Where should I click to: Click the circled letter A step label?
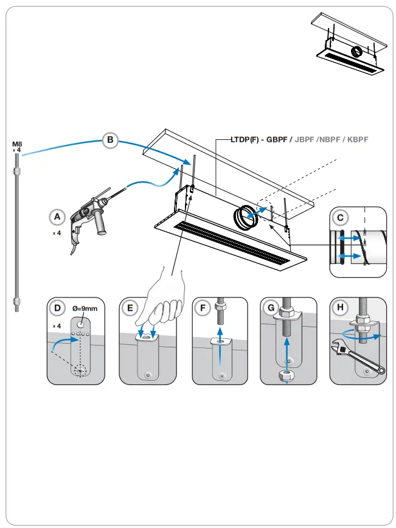coord(57,217)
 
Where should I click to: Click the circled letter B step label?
coord(110,141)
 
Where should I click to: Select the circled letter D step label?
coord(57,308)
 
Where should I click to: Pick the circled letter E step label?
coord(129,308)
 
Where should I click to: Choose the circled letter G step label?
coord(270,308)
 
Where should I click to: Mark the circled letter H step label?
coord(339,308)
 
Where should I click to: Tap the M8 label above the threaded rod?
coord(17,144)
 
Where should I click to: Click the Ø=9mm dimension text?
coord(85,308)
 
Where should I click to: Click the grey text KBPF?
coord(356,139)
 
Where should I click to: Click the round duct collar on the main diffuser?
coord(244,217)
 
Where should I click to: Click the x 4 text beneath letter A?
coord(56,232)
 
